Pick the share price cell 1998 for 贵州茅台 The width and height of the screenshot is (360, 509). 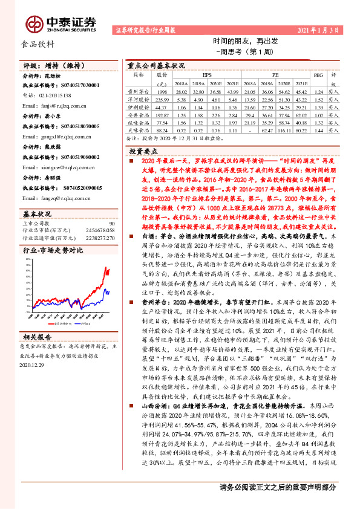pyautogui.click(x=162, y=89)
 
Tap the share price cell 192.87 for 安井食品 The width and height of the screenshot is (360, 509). pyautogui.click(x=162, y=114)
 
